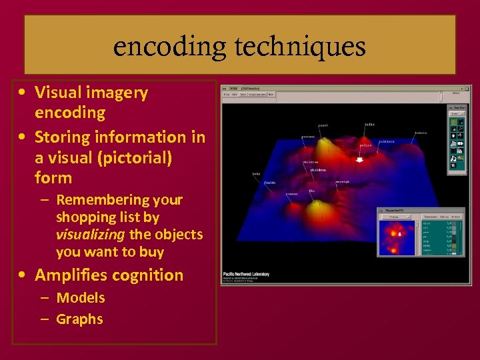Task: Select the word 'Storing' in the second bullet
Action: point(65,137)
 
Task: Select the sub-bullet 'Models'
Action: point(81,298)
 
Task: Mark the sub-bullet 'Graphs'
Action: point(79,319)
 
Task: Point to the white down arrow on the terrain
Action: point(361,159)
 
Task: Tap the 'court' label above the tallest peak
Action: point(323,125)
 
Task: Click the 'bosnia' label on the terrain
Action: point(421,133)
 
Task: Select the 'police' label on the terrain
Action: point(366,145)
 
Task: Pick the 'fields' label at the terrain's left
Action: point(269,181)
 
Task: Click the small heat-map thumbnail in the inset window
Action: point(397,236)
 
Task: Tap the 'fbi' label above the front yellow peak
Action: point(311,191)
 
